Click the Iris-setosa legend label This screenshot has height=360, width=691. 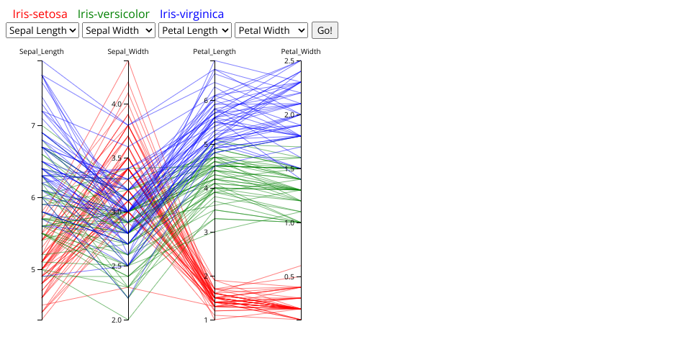pos(40,14)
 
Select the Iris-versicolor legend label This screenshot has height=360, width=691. pos(114,14)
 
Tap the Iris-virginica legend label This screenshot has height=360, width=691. pos(191,14)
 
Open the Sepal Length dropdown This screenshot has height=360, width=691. pos(42,30)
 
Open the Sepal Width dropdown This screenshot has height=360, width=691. pos(119,30)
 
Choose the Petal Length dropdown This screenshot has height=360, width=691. pos(195,30)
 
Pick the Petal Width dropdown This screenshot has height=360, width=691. pos(271,30)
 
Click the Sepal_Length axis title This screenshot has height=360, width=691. pos(42,52)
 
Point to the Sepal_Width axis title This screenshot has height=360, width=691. pos(128,52)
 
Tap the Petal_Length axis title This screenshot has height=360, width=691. pos(214,52)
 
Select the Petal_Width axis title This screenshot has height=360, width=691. pos(301,52)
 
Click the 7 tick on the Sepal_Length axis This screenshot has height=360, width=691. pos(33,126)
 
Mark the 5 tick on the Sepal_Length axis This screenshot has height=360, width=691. pos(33,270)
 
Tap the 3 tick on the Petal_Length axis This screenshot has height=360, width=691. pos(206,233)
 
